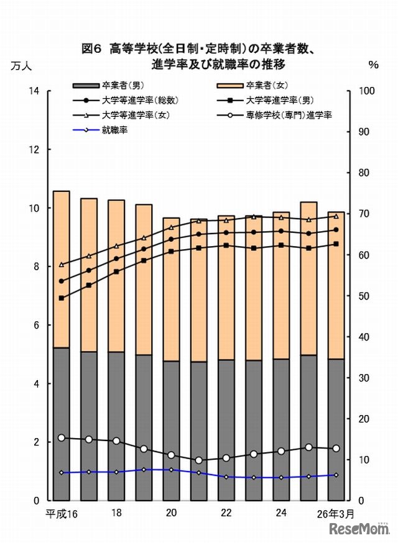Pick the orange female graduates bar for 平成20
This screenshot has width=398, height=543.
pyautogui.click(x=171, y=289)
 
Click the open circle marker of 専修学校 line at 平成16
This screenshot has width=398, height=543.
pyautogui.click(x=61, y=438)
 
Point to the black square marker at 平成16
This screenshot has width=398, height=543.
pyautogui.click(x=61, y=298)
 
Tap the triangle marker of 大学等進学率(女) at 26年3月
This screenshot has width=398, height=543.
pyautogui.click(x=336, y=216)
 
